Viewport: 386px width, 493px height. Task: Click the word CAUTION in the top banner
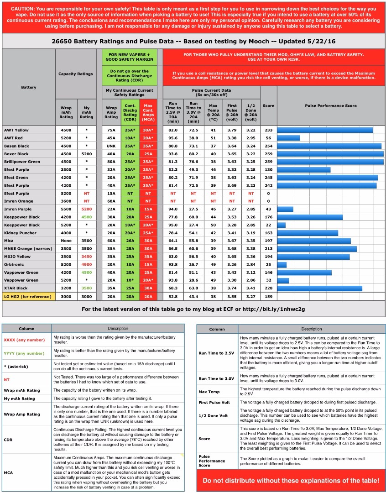click(x=23, y=9)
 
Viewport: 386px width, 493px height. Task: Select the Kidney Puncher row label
click(x=18, y=233)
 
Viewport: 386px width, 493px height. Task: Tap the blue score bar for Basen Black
click(x=329, y=146)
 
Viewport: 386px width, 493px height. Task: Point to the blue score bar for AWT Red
click(x=288, y=138)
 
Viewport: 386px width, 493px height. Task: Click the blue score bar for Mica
click(x=314, y=241)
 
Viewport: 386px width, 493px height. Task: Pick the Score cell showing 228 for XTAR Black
click(x=268, y=288)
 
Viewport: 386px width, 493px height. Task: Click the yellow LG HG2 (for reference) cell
click(x=29, y=296)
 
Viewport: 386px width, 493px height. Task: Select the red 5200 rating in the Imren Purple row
click(x=86, y=209)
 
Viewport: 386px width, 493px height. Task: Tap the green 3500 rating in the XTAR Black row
click(x=86, y=288)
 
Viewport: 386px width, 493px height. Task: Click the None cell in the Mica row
click(x=66, y=241)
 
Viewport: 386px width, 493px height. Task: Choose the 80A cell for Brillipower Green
click(x=111, y=162)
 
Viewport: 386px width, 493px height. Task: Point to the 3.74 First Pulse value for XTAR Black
click(x=232, y=288)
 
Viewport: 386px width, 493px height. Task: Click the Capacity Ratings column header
click(x=75, y=73)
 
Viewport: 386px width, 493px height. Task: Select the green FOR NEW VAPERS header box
click(x=129, y=57)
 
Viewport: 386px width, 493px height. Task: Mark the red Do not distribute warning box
click(x=290, y=480)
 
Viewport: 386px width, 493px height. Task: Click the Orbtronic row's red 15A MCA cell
click(x=148, y=264)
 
